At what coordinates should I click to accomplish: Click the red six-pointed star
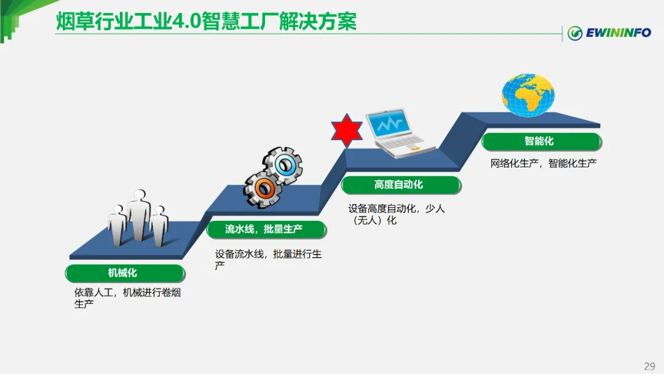tap(347, 130)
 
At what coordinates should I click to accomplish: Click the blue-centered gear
tap(283, 164)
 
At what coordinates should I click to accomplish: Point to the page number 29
tap(649, 366)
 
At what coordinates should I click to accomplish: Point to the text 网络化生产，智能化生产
tap(543, 164)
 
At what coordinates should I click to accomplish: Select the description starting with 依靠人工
tap(127, 298)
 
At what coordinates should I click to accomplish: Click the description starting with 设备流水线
tap(268, 260)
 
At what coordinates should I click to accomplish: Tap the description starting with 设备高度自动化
tap(396, 214)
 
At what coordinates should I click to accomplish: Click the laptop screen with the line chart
tap(390, 125)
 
